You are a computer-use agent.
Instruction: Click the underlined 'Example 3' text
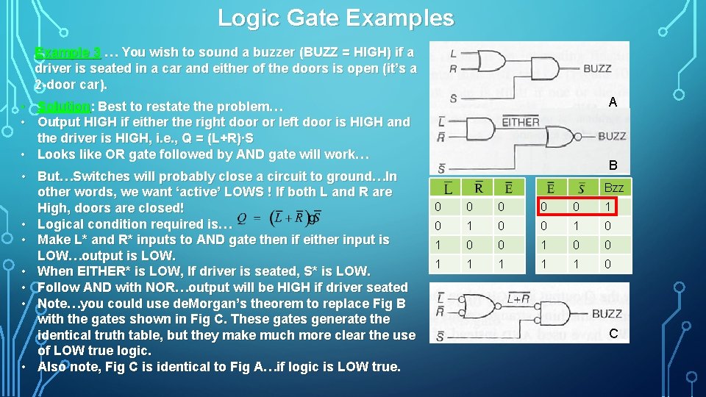click(x=68, y=52)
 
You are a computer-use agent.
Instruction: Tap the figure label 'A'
click(x=612, y=104)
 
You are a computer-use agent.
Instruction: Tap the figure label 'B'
click(x=612, y=166)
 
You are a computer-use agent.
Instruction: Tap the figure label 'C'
click(x=613, y=334)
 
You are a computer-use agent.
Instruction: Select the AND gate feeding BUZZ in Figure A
click(x=544, y=70)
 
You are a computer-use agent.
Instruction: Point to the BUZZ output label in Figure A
click(x=596, y=69)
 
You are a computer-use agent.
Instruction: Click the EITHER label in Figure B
click(x=521, y=122)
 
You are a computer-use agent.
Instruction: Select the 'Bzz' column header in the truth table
click(x=613, y=188)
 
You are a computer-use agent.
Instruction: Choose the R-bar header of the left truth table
click(x=478, y=188)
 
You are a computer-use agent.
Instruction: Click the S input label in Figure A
click(x=453, y=98)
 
